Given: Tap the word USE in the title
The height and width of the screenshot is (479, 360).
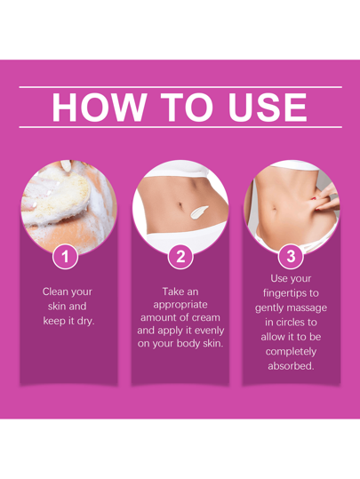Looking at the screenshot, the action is (x=268, y=108).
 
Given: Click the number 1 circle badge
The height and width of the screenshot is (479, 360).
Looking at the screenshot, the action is (x=65, y=256).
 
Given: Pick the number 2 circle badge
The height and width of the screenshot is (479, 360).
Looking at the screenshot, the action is (x=180, y=256).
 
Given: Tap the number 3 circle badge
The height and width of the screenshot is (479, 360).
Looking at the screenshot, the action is (x=291, y=256).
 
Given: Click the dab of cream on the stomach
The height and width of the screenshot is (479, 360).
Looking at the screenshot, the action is (x=198, y=212).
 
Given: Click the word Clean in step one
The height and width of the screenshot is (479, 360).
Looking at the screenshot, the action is (x=54, y=291).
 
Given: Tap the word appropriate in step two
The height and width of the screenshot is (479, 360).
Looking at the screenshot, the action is (x=180, y=305).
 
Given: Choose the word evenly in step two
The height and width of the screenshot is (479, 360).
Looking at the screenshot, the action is (x=210, y=331).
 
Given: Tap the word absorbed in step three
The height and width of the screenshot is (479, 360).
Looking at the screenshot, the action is (x=291, y=366).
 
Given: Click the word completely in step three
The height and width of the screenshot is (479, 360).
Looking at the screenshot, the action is (x=291, y=352).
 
